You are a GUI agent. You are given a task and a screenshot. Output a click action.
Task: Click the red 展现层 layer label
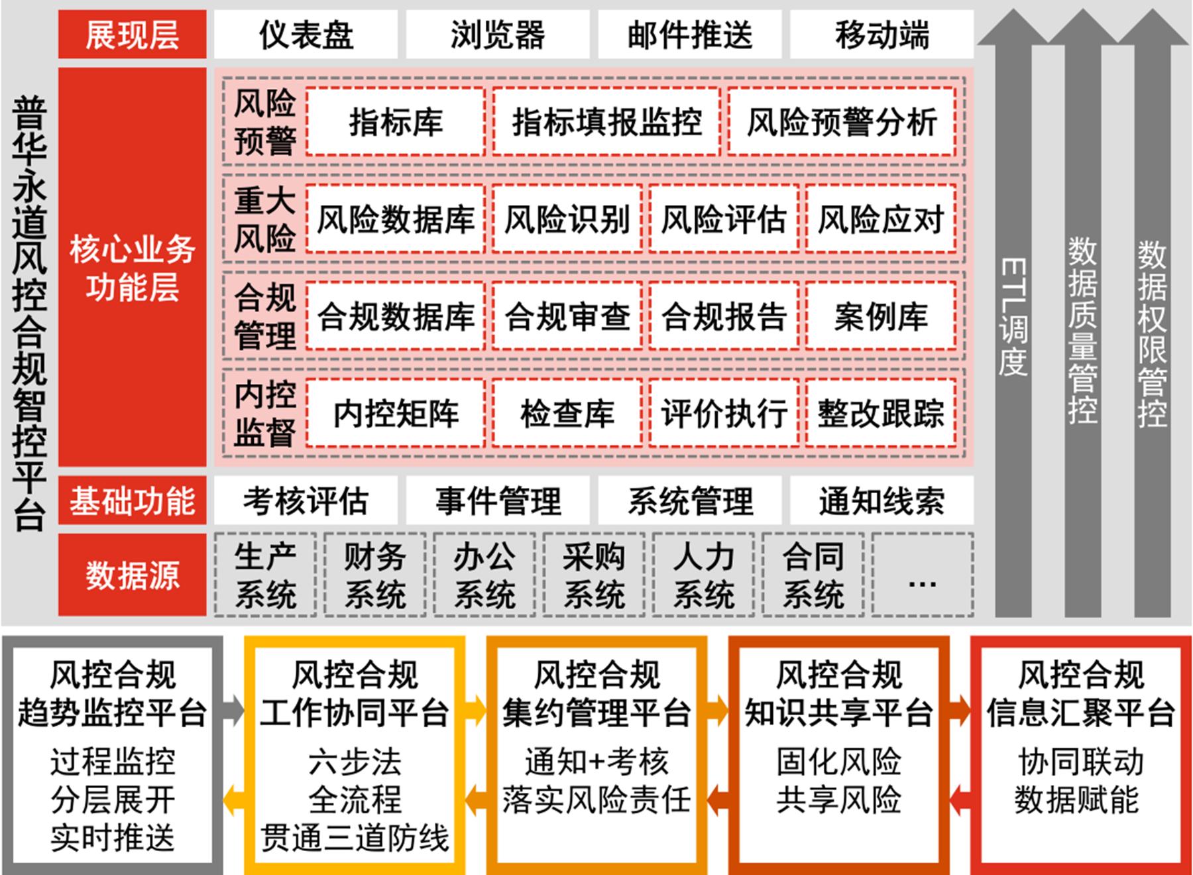133,34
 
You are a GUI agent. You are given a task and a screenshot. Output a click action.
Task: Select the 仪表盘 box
306,34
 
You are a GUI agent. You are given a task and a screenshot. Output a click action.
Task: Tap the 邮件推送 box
690,34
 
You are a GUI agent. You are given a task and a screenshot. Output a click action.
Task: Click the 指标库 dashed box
396,122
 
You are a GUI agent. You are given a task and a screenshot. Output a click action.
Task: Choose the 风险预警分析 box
842,122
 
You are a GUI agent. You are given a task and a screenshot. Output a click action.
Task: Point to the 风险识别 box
567,219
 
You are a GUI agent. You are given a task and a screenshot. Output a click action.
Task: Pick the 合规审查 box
567,316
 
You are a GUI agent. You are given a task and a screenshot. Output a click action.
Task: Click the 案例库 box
881,316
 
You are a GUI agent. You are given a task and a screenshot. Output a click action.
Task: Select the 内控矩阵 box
396,413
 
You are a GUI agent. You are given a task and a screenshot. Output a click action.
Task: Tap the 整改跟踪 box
881,413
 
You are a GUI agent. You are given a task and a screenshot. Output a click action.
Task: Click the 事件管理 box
498,500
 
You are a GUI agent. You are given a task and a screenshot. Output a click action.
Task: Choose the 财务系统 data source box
375,575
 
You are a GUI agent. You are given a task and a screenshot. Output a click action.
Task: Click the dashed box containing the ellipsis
923,575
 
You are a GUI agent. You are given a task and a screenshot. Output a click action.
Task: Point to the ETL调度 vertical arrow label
1013,317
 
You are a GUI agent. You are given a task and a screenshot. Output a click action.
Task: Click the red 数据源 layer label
133,575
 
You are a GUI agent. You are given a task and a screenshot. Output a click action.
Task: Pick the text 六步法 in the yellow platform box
355,762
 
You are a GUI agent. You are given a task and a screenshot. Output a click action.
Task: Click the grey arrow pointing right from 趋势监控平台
233,711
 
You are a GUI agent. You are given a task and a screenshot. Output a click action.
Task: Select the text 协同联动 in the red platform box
1081,762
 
